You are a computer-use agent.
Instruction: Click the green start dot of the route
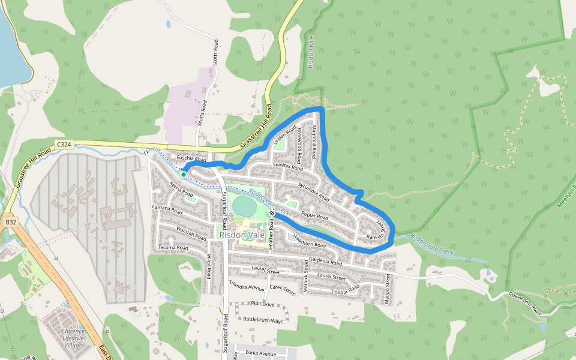click(183, 174)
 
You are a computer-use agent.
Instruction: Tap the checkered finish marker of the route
click(272, 213)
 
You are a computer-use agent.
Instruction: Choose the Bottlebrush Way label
click(262, 320)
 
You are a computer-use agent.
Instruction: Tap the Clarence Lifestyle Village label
click(73, 337)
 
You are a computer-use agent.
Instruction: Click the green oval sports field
click(244, 206)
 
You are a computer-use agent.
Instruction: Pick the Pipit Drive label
click(262, 304)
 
